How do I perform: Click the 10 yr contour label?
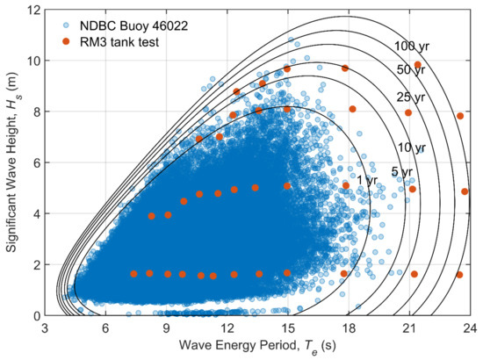[411, 148]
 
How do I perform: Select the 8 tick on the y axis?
[34, 112]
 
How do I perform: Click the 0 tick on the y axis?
[34, 315]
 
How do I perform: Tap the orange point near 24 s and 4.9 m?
[465, 191]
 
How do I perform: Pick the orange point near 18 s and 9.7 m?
[345, 68]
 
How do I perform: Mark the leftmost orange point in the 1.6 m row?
[133, 274]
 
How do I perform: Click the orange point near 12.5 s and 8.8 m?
[236, 91]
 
